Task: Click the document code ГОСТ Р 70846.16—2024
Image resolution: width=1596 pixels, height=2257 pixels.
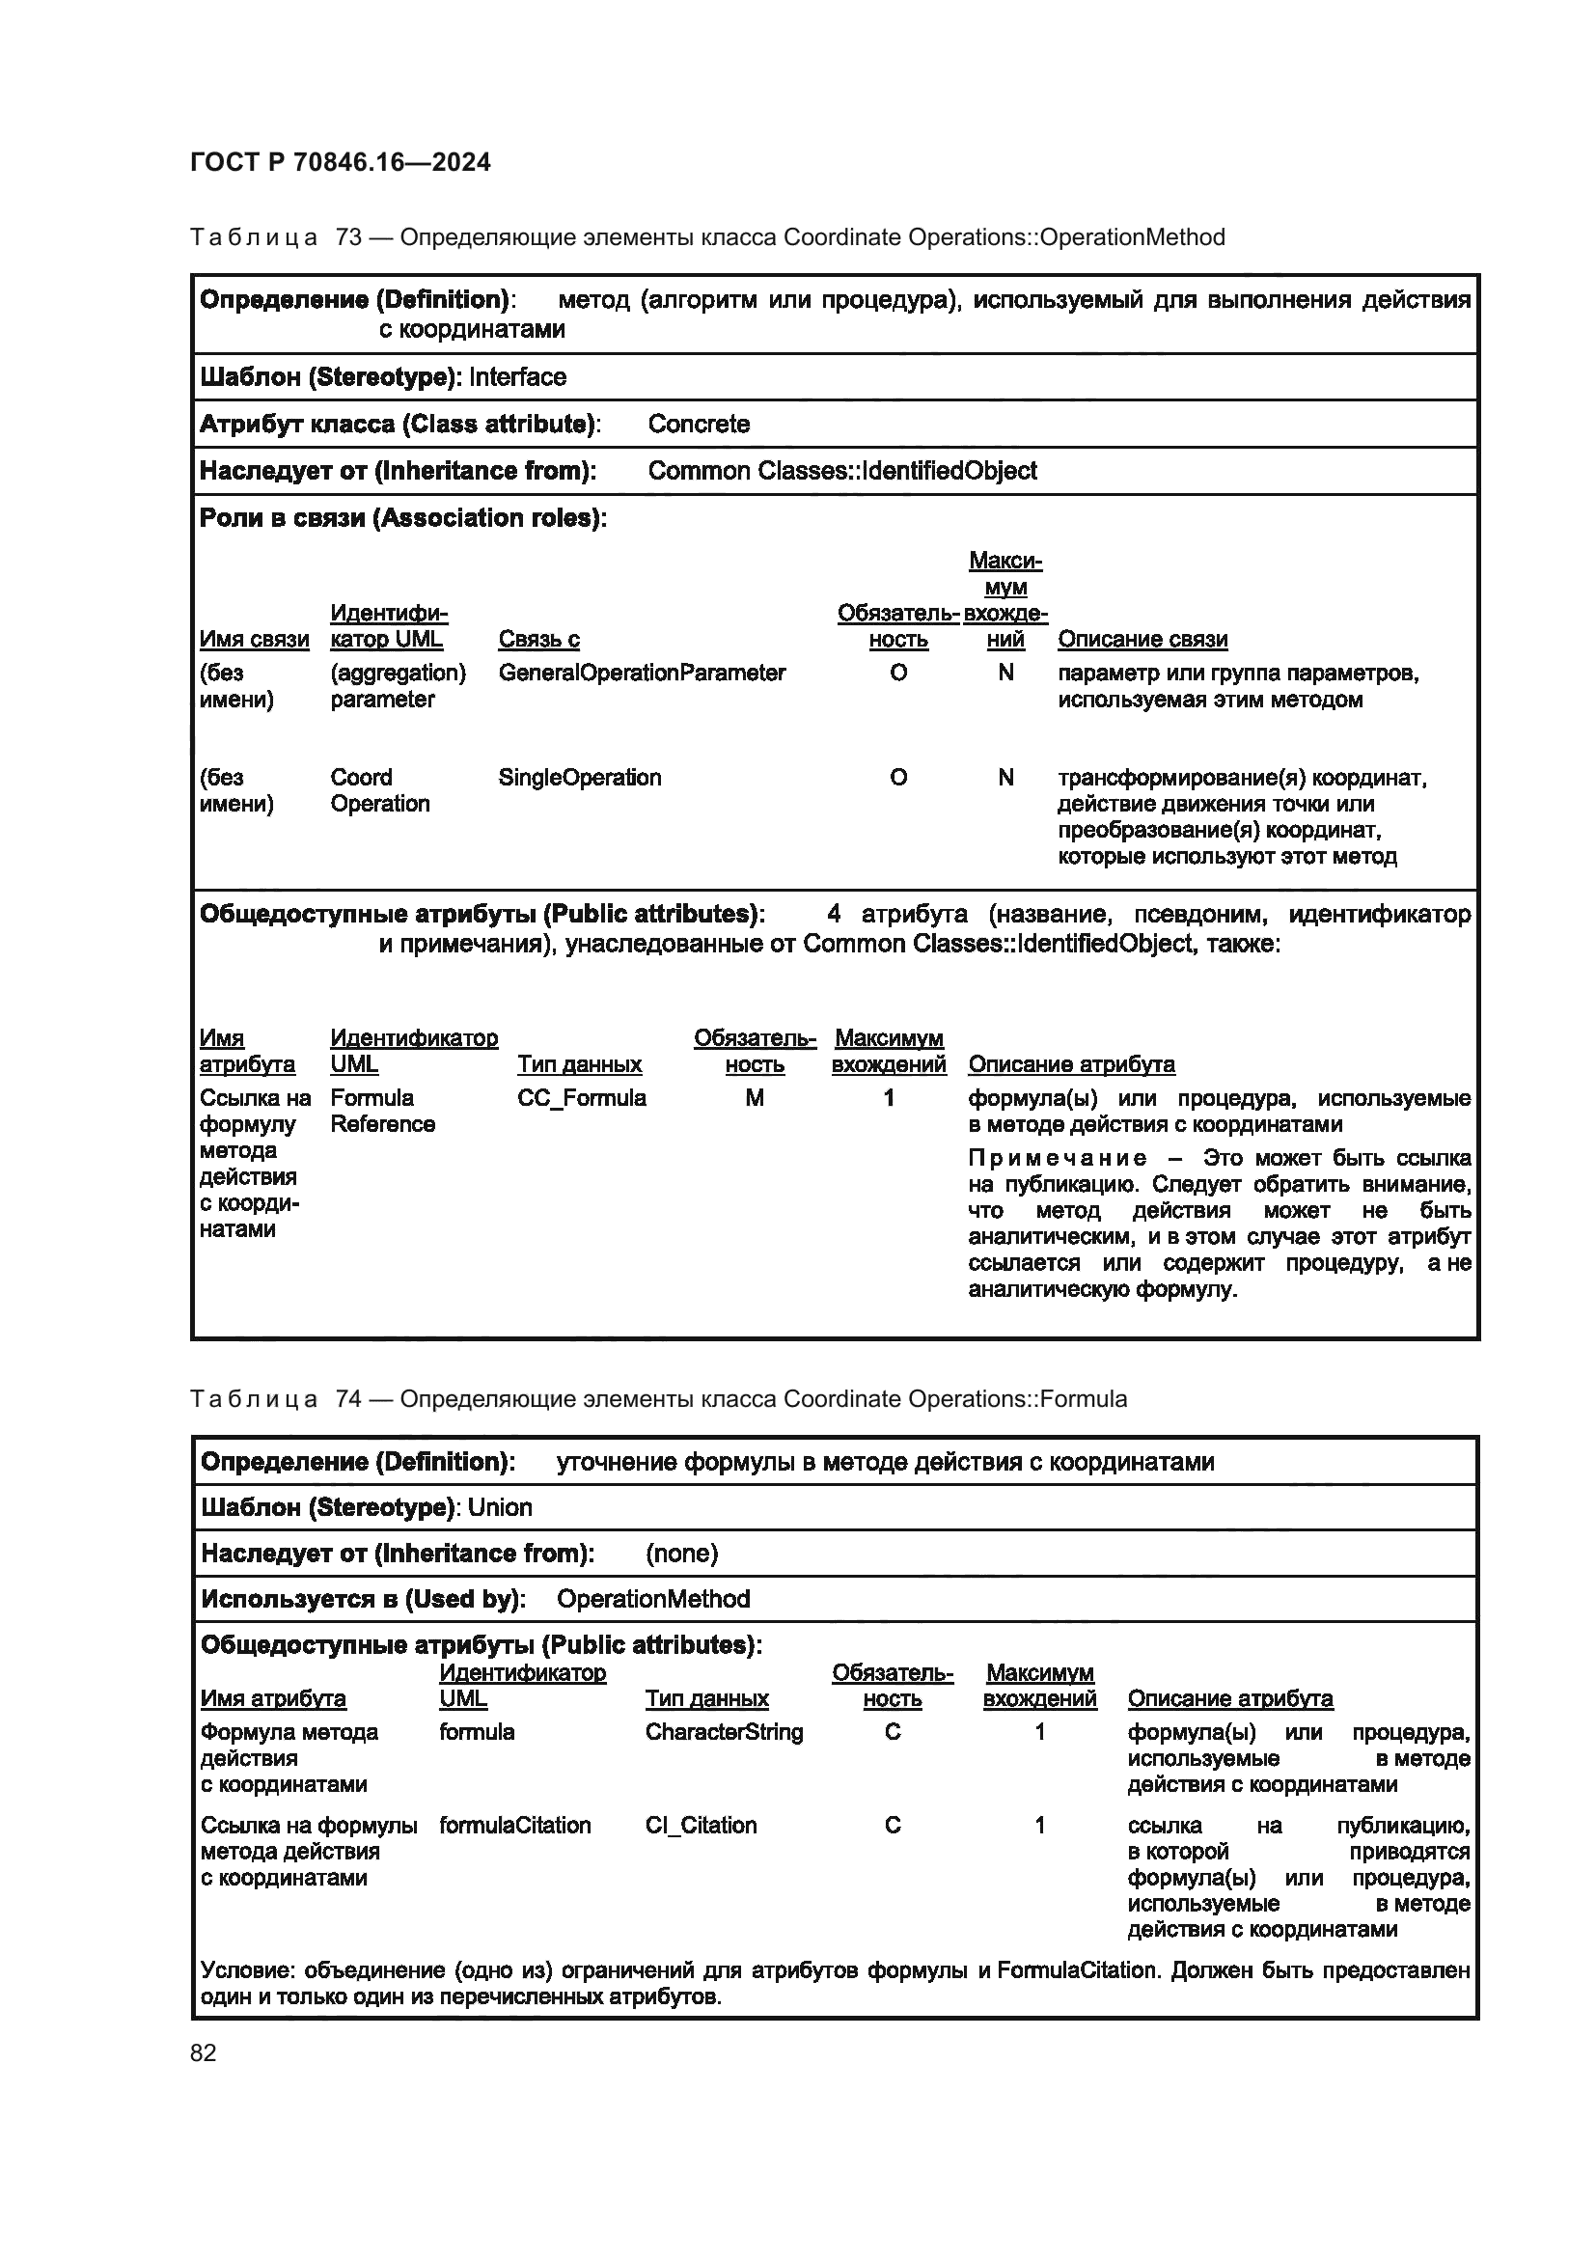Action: [340, 162]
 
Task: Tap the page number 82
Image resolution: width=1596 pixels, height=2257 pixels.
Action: [204, 2052]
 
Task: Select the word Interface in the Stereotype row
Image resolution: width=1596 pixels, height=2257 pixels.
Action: [517, 377]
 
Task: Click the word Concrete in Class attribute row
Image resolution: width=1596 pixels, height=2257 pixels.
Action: [698, 425]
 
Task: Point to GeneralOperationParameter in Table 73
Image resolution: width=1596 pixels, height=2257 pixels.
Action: [641, 674]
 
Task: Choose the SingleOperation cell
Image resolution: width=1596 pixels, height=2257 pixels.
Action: [579, 778]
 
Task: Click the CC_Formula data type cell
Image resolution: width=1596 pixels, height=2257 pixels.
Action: [581, 1098]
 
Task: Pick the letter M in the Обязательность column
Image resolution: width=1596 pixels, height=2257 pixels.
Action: [754, 1098]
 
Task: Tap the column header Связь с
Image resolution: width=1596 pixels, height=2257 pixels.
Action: [538, 640]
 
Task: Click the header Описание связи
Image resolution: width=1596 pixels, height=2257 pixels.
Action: [1142, 640]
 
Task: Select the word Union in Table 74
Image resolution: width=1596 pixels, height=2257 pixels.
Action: [499, 1508]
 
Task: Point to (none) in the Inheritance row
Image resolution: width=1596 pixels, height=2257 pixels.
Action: [681, 1554]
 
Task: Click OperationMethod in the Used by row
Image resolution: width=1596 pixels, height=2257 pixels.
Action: [652, 1599]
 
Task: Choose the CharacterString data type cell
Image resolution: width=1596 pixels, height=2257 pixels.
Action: [724, 1732]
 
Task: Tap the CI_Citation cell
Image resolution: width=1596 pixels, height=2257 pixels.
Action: [701, 1826]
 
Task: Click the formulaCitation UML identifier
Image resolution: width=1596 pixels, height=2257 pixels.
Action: [515, 1826]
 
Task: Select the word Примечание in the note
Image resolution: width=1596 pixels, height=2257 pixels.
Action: [1057, 1158]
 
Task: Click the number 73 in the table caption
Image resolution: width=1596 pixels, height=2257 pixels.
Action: [348, 238]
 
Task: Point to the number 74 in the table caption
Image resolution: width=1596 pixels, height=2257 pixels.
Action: [348, 1400]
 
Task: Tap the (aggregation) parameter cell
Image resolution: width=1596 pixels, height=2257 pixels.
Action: [397, 686]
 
